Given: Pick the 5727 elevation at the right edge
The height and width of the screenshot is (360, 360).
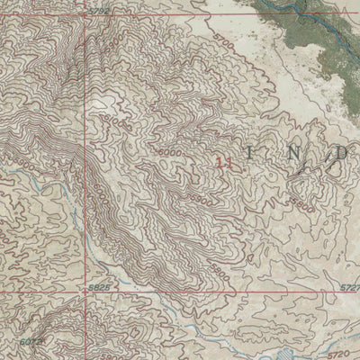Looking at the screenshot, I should [x=348, y=287].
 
